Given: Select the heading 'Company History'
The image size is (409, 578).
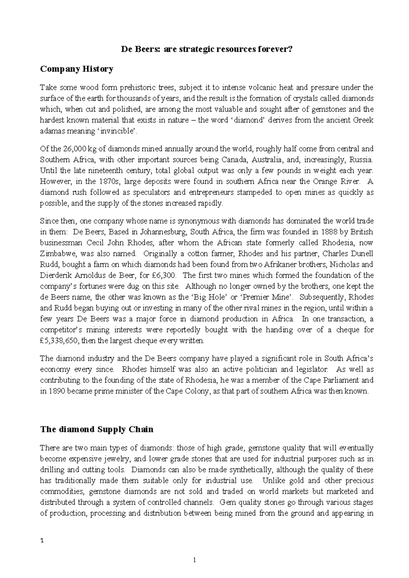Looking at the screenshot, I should [x=76, y=69].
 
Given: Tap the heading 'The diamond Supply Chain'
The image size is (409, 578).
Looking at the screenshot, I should [x=97, y=429].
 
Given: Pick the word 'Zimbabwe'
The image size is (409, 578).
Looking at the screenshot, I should [x=56, y=254].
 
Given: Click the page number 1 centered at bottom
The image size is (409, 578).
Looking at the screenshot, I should [x=194, y=560].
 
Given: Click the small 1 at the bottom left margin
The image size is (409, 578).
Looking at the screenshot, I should [x=42, y=541].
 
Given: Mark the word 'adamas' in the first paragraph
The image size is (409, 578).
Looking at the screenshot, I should [x=51, y=131].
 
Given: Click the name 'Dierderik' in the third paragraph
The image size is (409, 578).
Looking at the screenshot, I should [x=54, y=276].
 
